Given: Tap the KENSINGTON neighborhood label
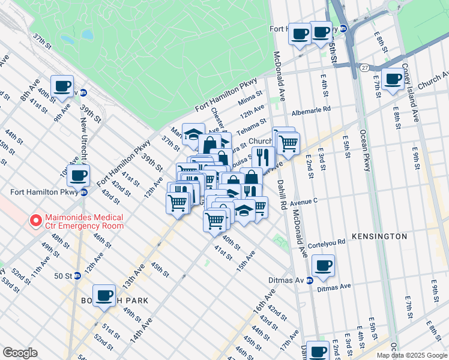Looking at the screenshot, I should click(x=379, y=236).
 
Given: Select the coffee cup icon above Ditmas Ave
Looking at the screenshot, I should click(x=323, y=266).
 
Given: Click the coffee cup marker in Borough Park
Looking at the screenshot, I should click(x=104, y=295).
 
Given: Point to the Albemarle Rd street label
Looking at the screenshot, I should click(x=311, y=110).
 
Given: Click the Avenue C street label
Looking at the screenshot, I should click(x=303, y=203).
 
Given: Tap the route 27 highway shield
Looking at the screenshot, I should click(x=364, y=68).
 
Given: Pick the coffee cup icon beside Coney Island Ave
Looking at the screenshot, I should click(x=393, y=79).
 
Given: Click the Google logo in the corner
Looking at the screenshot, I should click(x=20, y=353).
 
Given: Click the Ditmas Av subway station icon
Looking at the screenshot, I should click(x=310, y=280).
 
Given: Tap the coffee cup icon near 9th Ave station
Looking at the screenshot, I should click(x=62, y=86).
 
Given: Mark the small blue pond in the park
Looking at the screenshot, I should click(x=88, y=35).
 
